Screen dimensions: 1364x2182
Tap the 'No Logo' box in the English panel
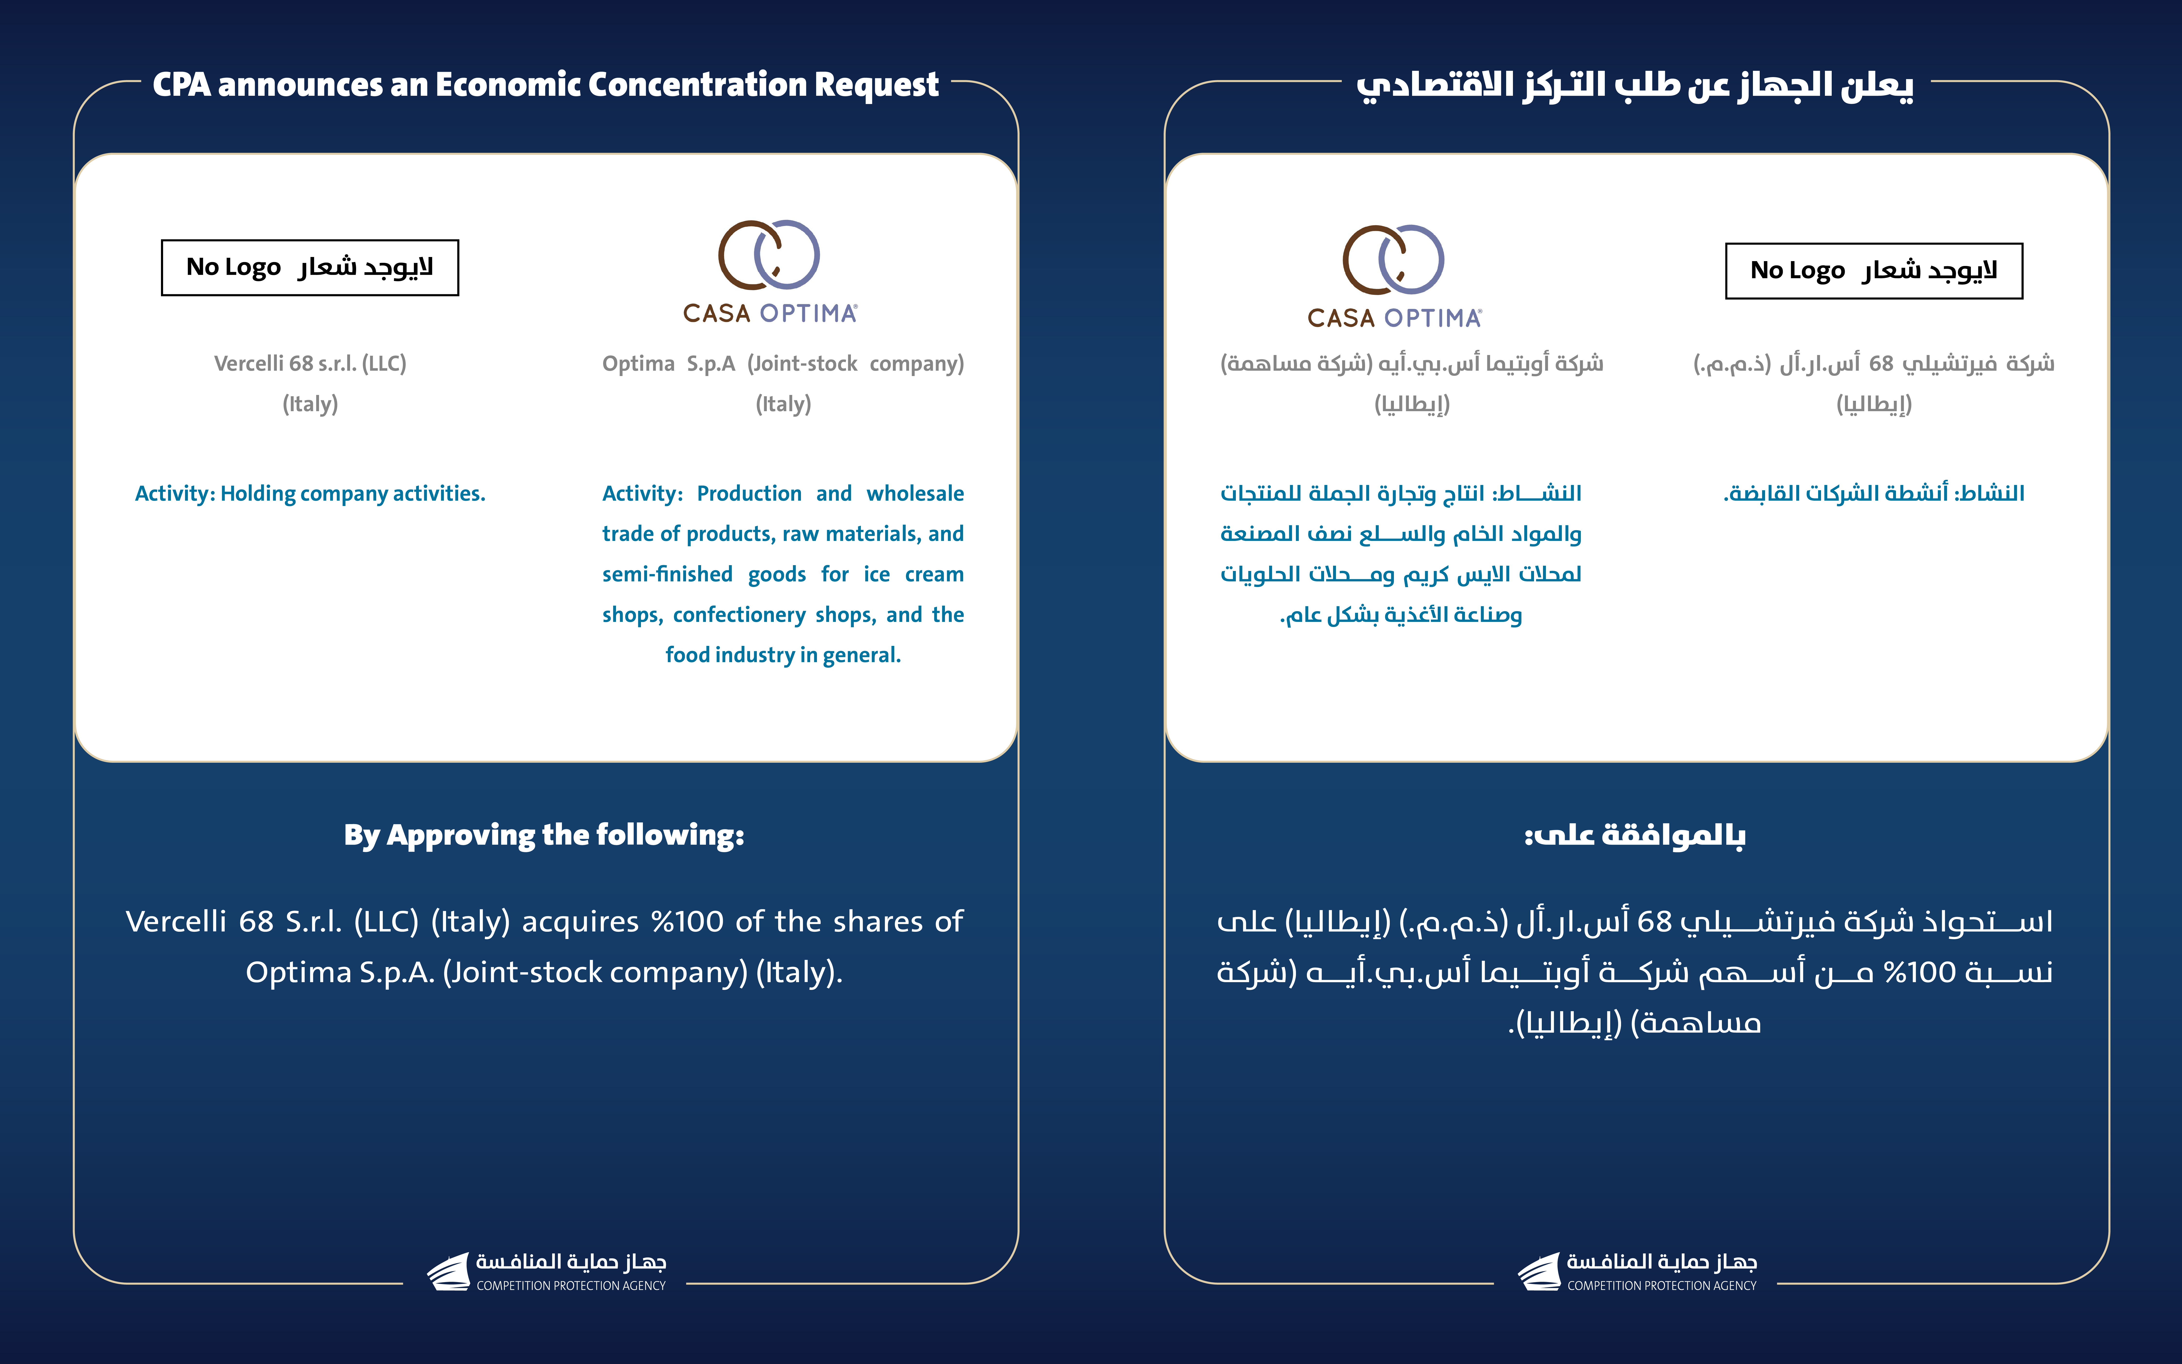[x=309, y=268]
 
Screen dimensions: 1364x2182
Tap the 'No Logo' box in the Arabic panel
[x=1873, y=271]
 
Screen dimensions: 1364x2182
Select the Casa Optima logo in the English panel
[x=769, y=271]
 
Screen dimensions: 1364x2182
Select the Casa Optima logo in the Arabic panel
[x=1394, y=275]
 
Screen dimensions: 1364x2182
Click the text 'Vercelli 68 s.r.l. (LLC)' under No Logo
[x=309, y=364]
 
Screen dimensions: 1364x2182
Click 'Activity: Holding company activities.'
[x=309, y=493]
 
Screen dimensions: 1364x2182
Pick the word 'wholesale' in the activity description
[x=915, y=493]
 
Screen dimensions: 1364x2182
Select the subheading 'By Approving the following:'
[x=544, y=835]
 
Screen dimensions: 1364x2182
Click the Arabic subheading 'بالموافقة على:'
[x=1634, y=835]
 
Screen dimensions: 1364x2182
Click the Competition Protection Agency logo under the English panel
[x=547, y=1271]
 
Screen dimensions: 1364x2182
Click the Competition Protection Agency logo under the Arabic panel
[x=1637, y=1271]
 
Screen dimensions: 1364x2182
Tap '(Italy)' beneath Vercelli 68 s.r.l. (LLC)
[x=309, y=404]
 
